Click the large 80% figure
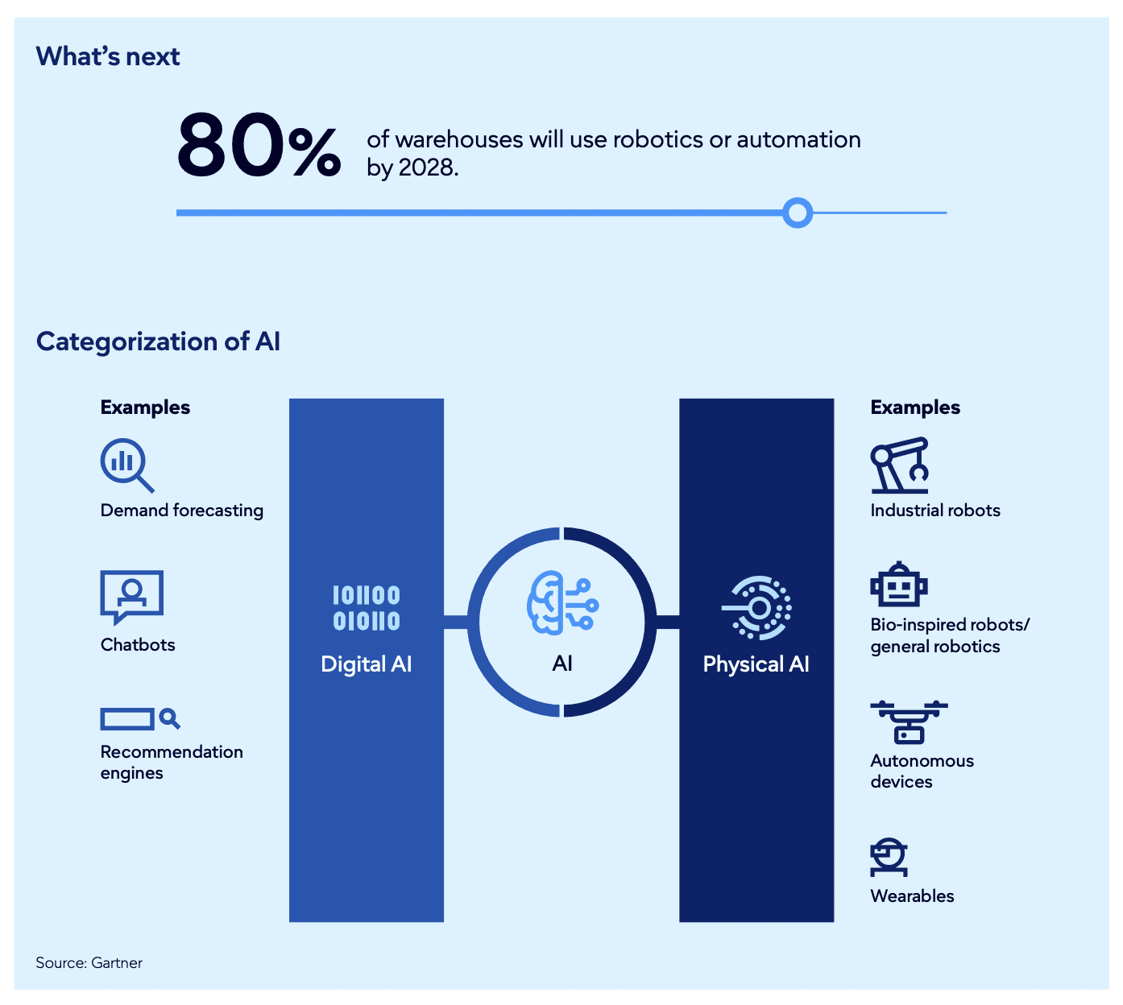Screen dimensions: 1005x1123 coord(259,145)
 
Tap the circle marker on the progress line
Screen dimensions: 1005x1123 coord(798,213)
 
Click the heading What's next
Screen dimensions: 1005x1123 coord(108,56)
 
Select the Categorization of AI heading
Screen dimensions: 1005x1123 coord(158,341)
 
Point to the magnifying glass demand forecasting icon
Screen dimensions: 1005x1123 coord(126,464)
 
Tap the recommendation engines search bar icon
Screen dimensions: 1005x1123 coord(139,718)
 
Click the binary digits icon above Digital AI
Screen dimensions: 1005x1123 coord(367,608)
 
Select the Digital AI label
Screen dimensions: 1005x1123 coord(366,664)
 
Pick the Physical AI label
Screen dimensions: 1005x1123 coord(756,664)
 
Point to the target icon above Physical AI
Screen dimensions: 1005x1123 coord(756,608)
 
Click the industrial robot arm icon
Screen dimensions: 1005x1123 coord(899,465)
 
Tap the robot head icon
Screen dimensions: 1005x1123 coord(898,585)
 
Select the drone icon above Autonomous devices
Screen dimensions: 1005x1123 coord(909,721)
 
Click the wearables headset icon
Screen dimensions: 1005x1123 coord(889,857)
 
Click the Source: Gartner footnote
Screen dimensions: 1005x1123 coord(89,962)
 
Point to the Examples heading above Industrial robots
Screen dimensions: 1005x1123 coord(915,407)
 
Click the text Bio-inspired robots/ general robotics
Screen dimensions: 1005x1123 coord(949,635)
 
